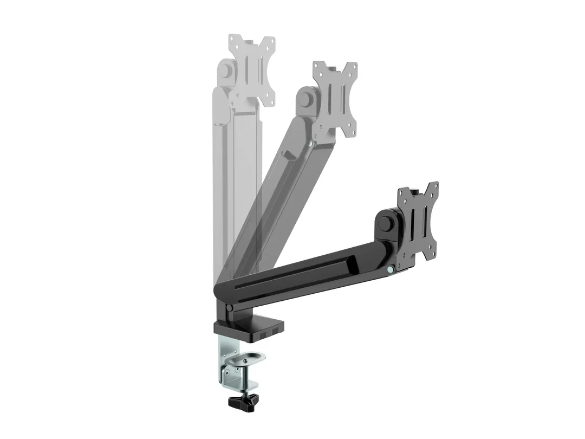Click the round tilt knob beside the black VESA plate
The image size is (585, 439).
[x=386, y=223]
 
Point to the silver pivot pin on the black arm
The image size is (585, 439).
[x=391, y=269]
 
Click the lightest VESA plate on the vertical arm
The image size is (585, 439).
[x=251, y=70]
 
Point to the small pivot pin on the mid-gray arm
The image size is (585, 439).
[x=310, y=145]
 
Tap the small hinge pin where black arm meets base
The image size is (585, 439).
[x=229, y=308]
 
